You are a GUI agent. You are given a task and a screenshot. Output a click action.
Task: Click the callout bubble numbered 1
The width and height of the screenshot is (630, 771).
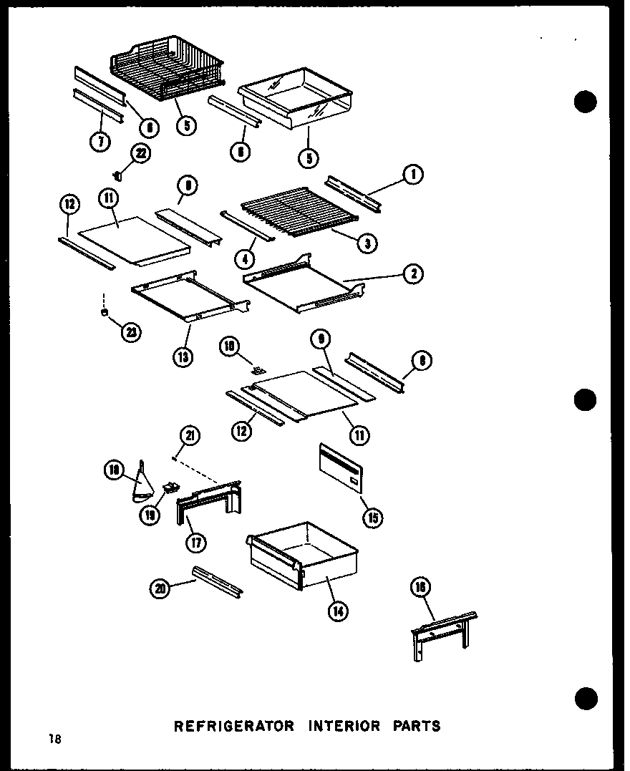[413, 174]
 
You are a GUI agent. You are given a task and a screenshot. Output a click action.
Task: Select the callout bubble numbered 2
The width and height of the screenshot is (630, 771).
[413, 273]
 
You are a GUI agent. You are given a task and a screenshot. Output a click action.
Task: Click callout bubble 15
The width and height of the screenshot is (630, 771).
[371, 517]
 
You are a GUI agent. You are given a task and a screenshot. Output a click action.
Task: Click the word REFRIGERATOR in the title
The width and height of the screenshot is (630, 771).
[234, 726]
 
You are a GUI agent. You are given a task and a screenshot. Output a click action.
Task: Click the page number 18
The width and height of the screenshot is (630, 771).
[56, 740]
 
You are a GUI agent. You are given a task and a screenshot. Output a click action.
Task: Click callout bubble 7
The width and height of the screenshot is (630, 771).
[101, 142]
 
